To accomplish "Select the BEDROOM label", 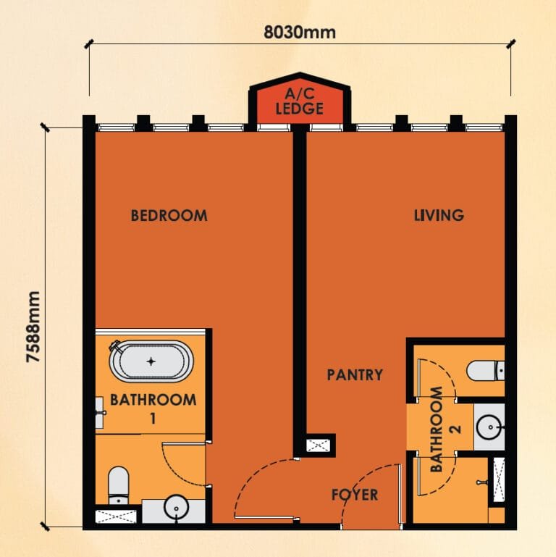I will click(169, 215).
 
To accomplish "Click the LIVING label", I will click(439, 215).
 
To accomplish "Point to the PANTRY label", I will click(354, 374).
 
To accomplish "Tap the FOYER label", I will click(355, 495).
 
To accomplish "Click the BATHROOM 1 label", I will click(153, 408).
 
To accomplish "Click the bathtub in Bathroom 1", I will click(151, 360).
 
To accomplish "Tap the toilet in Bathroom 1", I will click(118, 484).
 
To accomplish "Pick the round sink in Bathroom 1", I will click(175, 508).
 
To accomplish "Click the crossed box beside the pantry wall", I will click(316, 445).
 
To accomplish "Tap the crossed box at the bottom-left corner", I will click(116, 516).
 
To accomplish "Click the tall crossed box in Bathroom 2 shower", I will click(498, 480).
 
